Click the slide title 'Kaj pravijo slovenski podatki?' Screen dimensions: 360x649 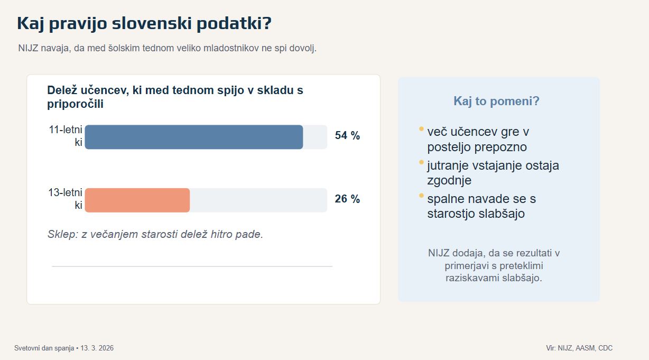(144, 24)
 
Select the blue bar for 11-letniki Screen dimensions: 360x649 (193, 137)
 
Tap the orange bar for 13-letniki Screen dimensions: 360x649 (137, 200)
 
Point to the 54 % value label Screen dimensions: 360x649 (347, 136)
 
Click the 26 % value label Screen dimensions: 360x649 (347, 199)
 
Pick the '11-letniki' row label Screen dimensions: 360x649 (66, 135)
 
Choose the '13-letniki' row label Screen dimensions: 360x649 (66, 199)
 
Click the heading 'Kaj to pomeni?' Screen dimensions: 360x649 (496, 101)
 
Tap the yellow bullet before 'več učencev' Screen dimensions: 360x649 (421, 128)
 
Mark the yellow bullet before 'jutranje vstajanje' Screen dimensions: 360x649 (421, 162)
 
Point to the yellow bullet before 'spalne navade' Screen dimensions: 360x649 (421, 196)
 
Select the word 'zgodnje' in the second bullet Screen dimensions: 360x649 (449, 180)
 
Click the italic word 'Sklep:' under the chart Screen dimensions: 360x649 (62, 234)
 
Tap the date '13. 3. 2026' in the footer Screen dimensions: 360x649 (97, 348)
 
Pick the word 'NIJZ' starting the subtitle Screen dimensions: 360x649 (29, 49)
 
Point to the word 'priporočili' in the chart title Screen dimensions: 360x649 (75, 104)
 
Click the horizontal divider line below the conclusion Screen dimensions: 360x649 (192, 266)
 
